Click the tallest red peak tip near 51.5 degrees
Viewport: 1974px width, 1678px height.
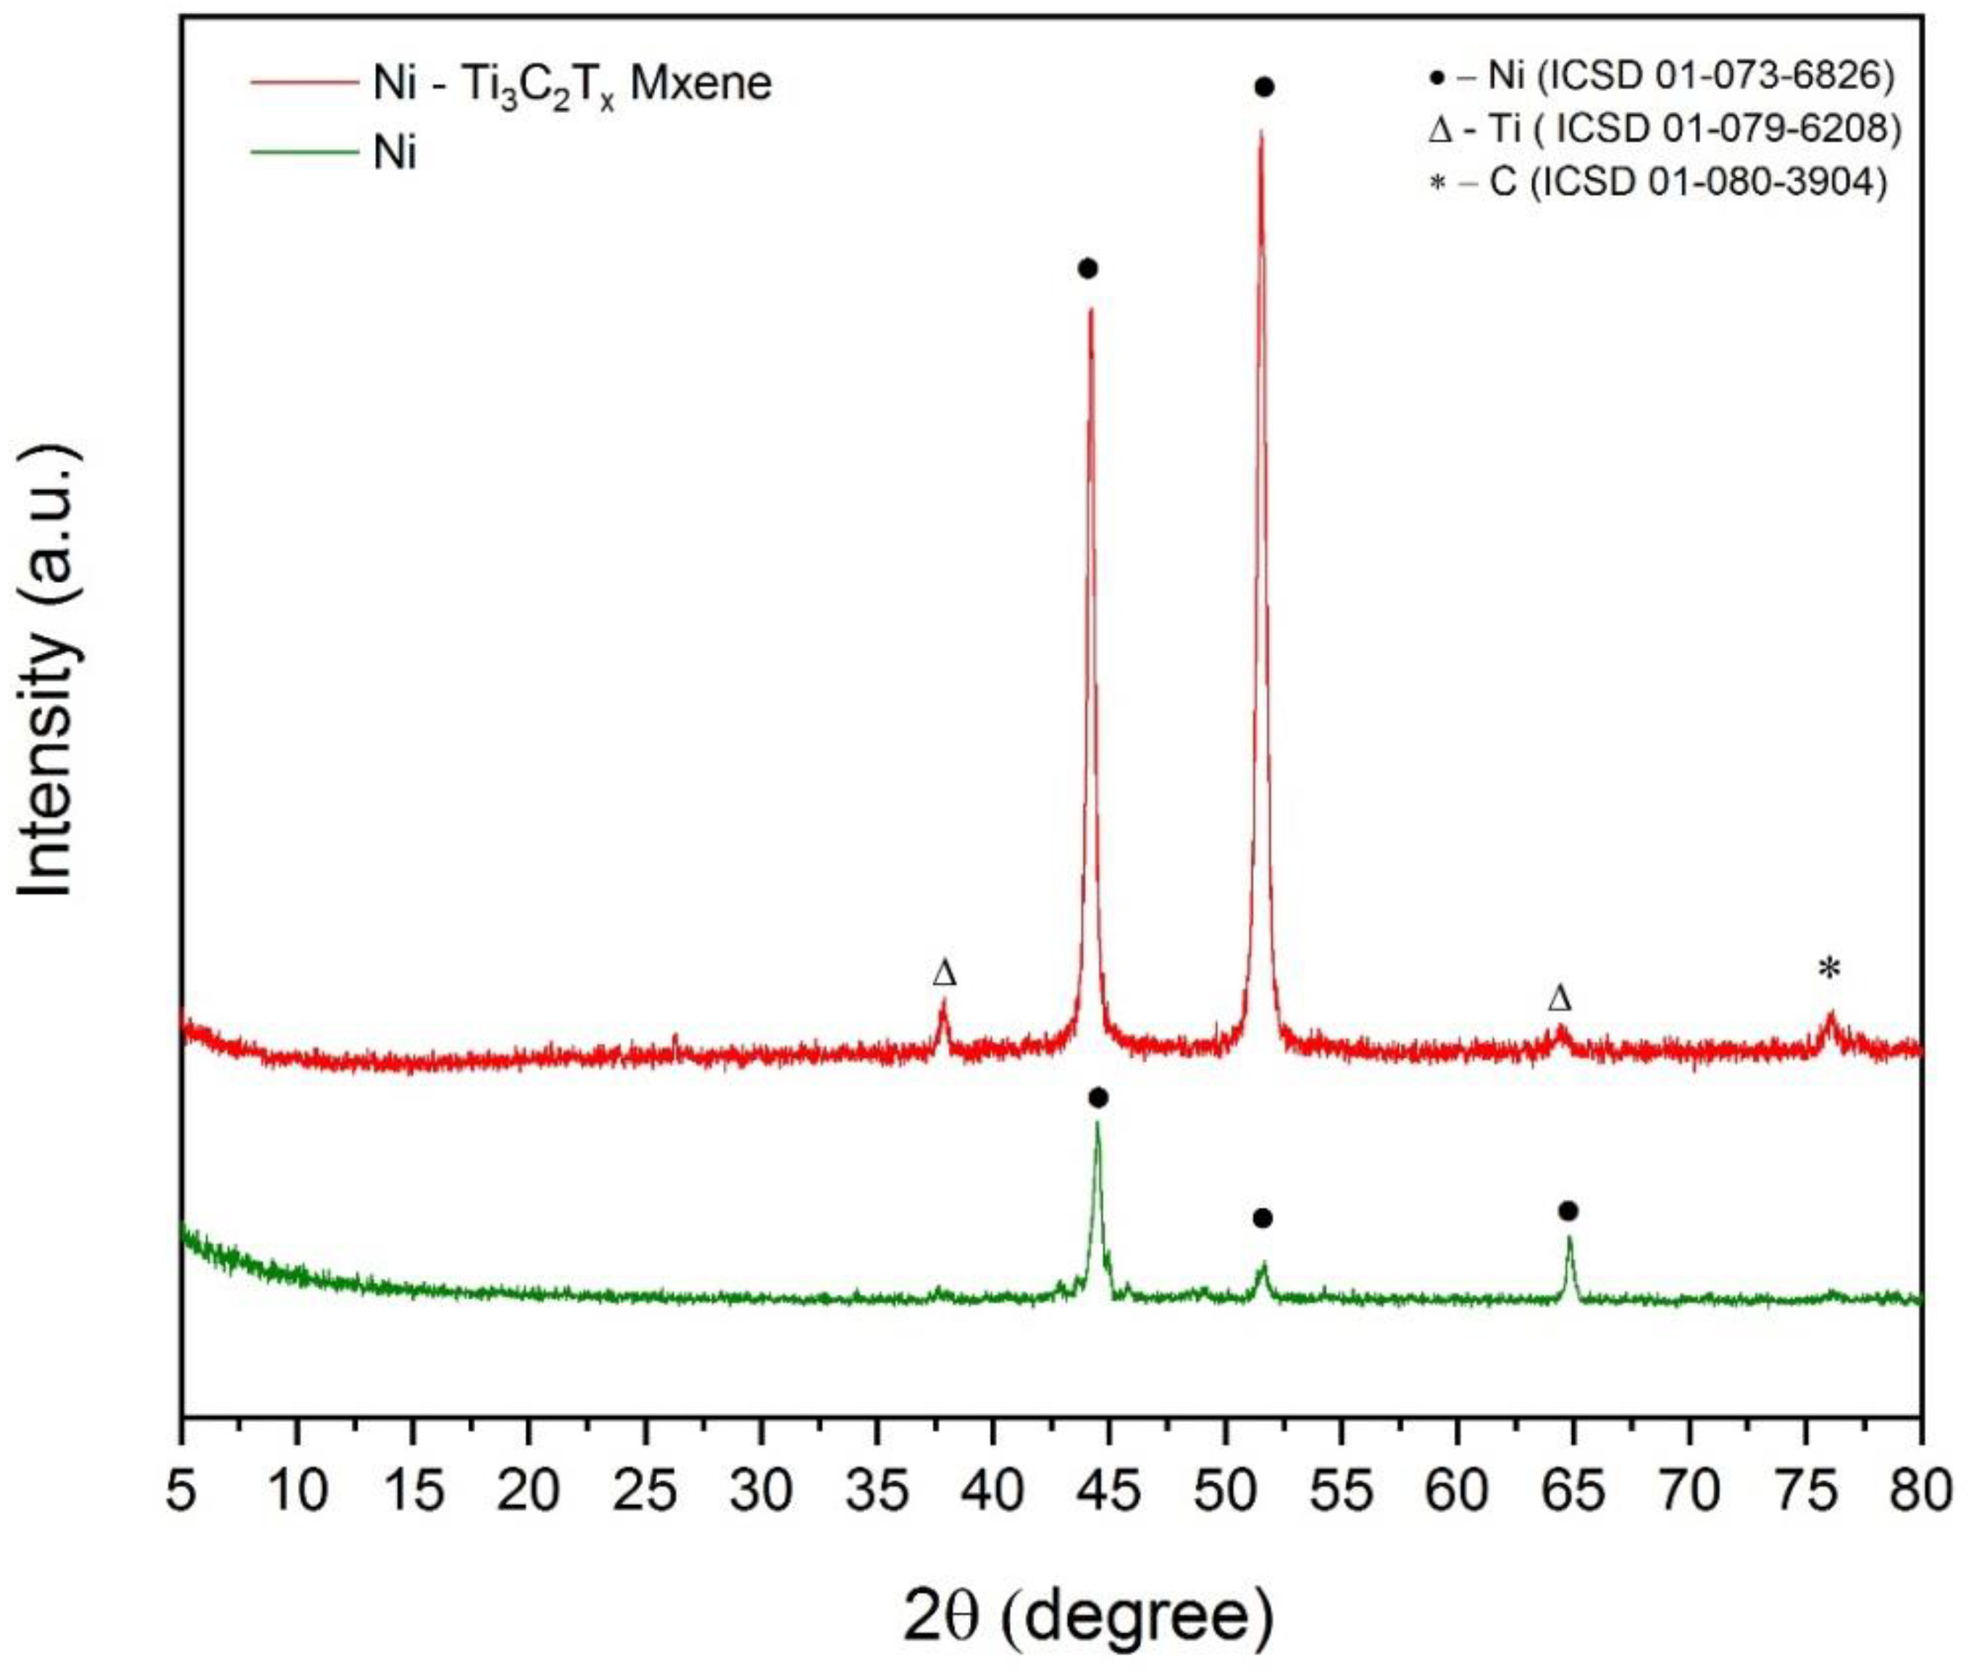click(x=1260, y=133)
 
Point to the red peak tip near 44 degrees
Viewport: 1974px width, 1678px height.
click(x=1090, y=309)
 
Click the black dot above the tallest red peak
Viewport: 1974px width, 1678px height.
click(x=1264, y=88)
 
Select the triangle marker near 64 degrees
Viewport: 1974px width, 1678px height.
click(x=1559, y=998)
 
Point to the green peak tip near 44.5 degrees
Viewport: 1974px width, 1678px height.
click(x=1097, y=1123)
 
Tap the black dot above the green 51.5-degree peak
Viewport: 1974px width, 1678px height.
click(x=1263, y=1219)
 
